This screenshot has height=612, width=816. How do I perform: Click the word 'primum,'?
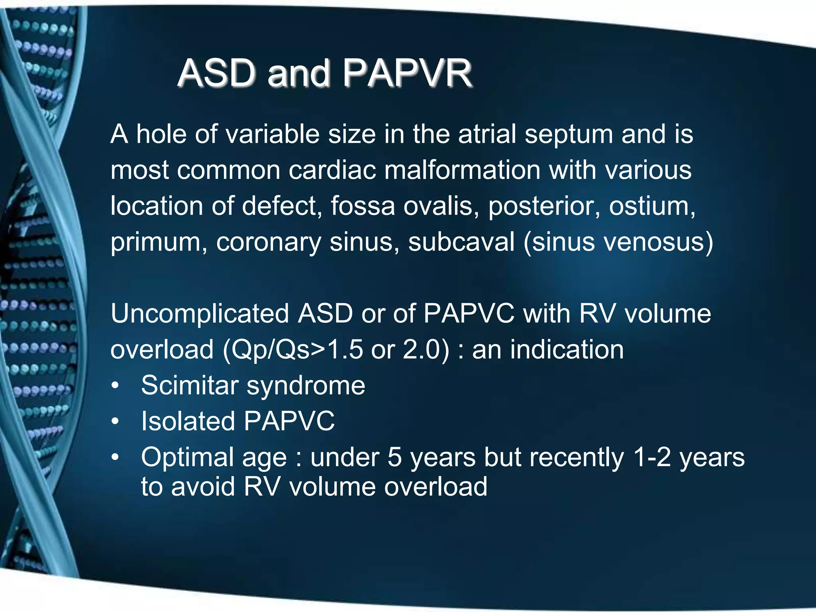click(159, 243)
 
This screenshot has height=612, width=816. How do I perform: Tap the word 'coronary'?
click(269, 243)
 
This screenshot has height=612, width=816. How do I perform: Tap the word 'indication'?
click(567, 350)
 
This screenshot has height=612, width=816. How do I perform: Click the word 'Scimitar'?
click(189, 385)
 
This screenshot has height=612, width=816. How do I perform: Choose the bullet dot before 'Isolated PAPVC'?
click(115, 422)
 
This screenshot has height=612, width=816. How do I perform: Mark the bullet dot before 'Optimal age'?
click(115, 457)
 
